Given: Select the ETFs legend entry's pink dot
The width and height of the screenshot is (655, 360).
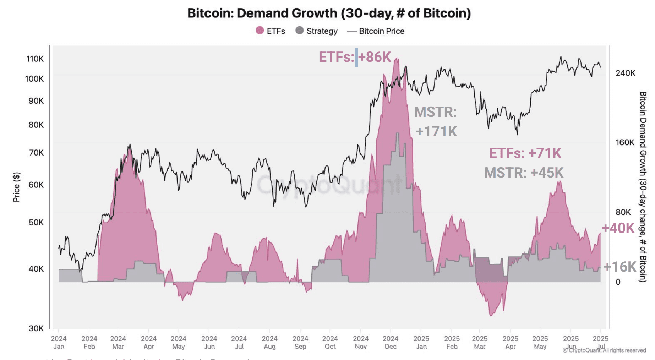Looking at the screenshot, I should pos(260,31).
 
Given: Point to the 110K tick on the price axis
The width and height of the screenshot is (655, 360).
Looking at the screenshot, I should pos(35,59).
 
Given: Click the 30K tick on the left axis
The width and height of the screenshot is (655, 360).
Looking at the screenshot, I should pos(36,328).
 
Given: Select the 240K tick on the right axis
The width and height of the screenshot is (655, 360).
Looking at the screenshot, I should pos(625,73).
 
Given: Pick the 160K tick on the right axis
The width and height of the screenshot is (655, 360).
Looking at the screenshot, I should pos(625,143).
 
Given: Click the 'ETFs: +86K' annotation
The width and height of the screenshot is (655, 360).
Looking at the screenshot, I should pos(354,57).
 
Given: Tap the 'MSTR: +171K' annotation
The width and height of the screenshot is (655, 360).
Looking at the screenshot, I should pos(436,122).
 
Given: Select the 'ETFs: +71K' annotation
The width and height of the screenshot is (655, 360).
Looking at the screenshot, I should pos(525,153).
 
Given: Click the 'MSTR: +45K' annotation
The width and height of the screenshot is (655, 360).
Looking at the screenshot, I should pos(523,173).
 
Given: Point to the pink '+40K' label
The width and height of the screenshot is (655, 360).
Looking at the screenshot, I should pos(618,228).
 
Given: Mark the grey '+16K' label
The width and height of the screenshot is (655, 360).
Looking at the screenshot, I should pos(619,267).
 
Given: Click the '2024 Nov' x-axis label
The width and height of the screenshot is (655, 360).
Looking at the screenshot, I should pos(361,343).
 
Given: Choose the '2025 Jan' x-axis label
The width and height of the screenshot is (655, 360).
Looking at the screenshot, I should pos(421,343).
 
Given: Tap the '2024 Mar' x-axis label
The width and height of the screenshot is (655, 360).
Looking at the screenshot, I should pos(118,343).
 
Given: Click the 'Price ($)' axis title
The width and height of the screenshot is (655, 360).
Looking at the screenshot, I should pos(16,187).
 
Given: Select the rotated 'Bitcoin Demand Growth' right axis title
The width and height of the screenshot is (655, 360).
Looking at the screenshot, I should pos(642,186).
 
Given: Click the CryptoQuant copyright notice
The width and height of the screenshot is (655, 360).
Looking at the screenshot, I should pos(604,350).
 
